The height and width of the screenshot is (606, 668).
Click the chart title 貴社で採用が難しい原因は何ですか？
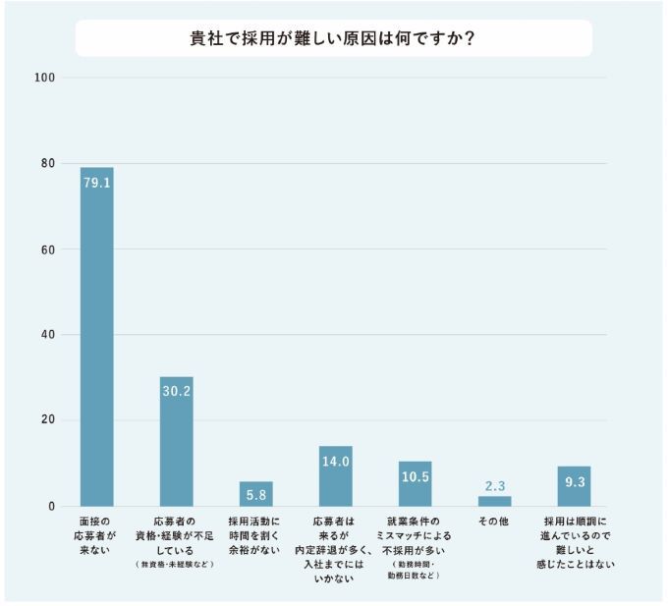coord(334,40)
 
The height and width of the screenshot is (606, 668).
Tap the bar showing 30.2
coord(177,441)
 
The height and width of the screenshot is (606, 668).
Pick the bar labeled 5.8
coord(256,493)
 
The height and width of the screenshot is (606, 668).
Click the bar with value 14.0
coord(336,475)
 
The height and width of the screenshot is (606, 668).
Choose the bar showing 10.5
coord(415,483)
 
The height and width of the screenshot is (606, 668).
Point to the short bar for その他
coord(494,501)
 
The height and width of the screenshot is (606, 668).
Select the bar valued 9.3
coord(574,486)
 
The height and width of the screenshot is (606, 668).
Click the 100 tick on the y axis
coord(43,78)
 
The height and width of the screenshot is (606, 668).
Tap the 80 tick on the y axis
coord(46,163)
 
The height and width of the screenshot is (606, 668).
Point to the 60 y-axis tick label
coord(46,249)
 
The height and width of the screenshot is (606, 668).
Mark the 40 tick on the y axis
coord(46,335)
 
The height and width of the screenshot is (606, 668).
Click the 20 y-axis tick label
coord(46,420)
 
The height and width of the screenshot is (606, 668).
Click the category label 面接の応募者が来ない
coord(96,536)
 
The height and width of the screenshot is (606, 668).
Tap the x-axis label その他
coord(494,522)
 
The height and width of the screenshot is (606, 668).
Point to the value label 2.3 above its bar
coord(494,486)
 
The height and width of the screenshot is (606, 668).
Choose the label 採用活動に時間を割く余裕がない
coord(255,536)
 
